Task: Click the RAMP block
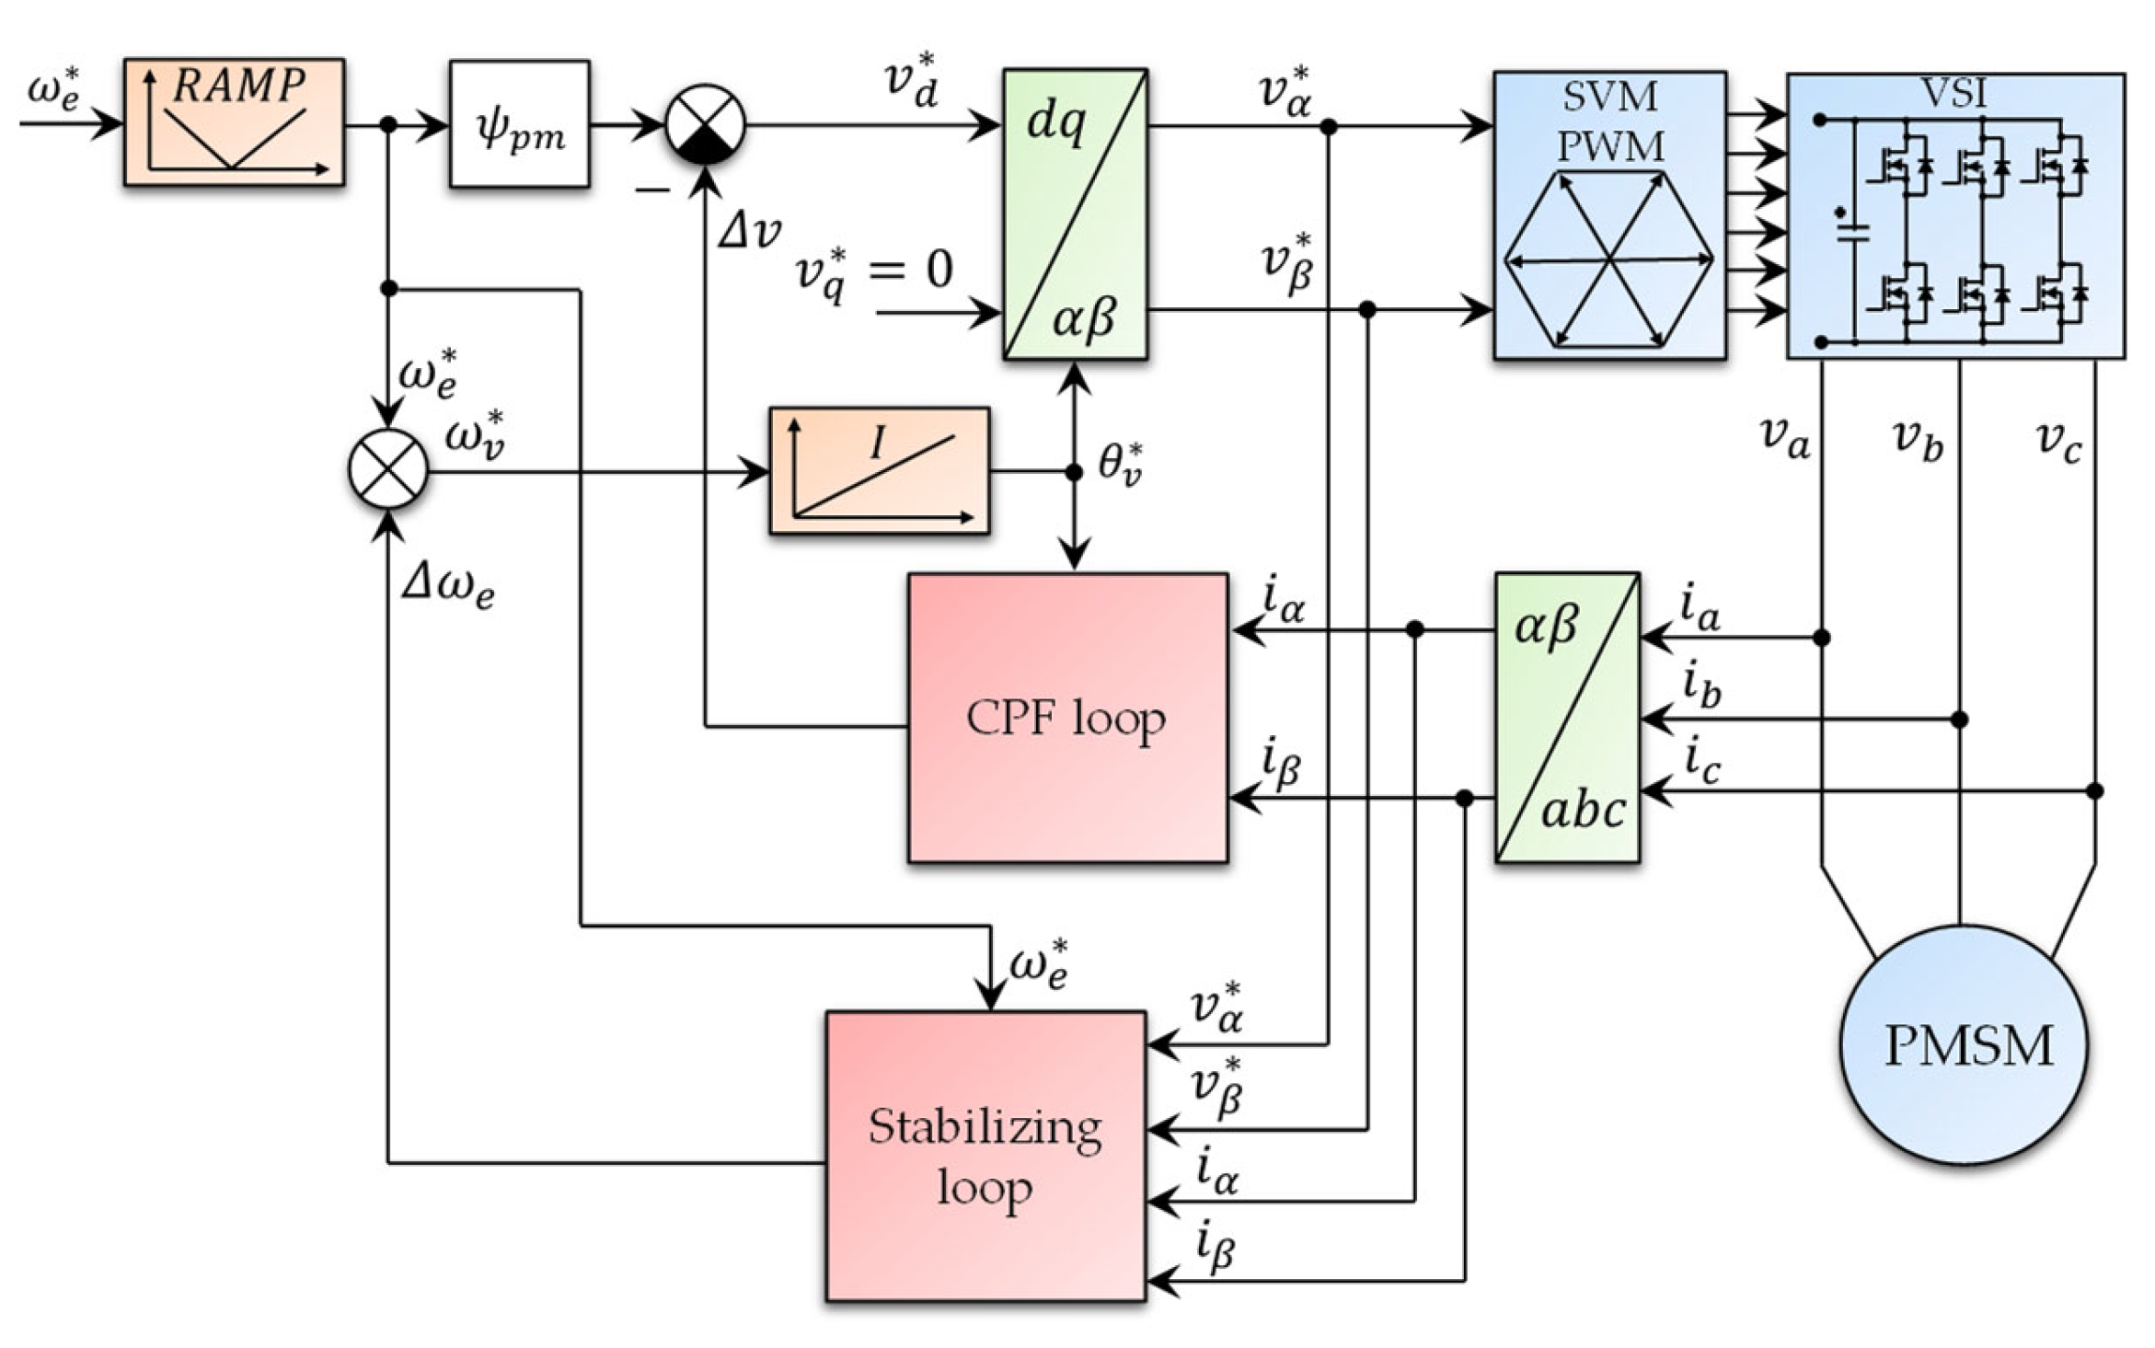point(235,123)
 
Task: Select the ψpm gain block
point(520,124)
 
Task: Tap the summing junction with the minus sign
point(705,124)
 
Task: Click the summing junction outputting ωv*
point(388,469)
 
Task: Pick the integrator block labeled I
point(880,470)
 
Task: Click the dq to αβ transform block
point(1076,213)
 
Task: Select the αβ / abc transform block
point(1567,717)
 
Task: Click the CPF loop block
point(1068,718)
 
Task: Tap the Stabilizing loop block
point(986,1156)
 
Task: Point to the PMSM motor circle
point(1964,1045)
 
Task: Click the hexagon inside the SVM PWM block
point(1609,260)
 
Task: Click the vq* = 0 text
point(874,273)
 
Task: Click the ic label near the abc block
point(1702,764)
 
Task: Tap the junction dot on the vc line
point(2095,790)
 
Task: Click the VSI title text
point(1955,94)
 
